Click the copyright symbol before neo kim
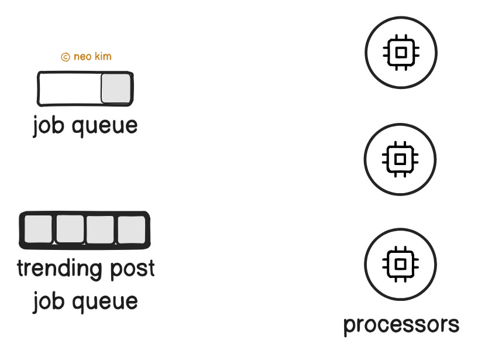click(66, 57)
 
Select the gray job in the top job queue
click(115, 88)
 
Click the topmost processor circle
click(401, 52)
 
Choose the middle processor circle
click(401, 159)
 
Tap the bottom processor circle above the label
click(401, 263)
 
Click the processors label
click(401, 324)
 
